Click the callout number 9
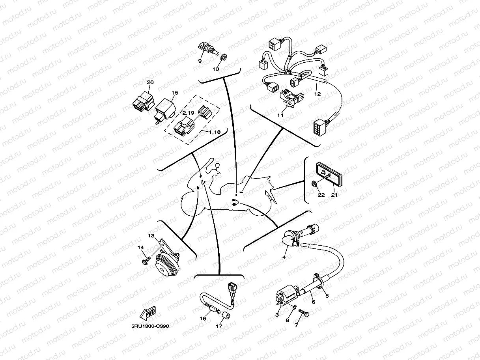pyautogui.click(x=200, y=61)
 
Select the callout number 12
pyautogui.click(x=318, y=94)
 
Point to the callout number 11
pyautogui.click(x=280, y=115)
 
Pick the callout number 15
pyautogui.click(x=175, y=93)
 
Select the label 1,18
pyautogui.click(x=215, y=132)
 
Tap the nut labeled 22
pyautogui.click(x=314, y=183)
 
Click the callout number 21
pyautogui.click(x=334, y=194)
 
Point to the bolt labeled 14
pyautogui.click(x=145, y=261)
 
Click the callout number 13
pyautogui.click(x=151, y=236)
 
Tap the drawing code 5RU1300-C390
pyautogui.click(x=150, y=326)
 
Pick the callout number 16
pyautogui.click(x=204, y=319)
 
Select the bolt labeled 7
pyautogui.click(x=304, y=313)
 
